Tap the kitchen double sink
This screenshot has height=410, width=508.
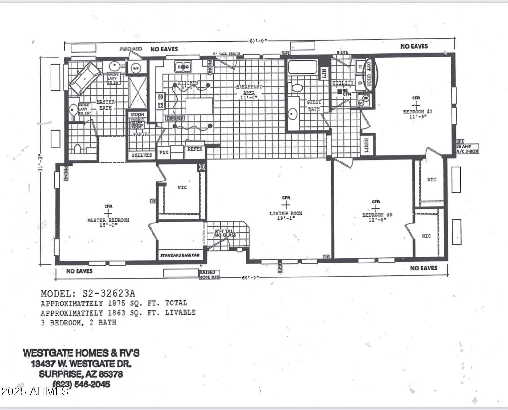(x=183, y=67)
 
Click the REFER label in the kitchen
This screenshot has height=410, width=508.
(x=195, y=149)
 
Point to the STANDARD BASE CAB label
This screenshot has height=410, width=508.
(x=179, y=255)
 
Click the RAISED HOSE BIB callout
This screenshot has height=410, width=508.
(x=209, y=275)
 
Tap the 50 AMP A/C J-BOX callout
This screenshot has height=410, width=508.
(x=467, y=149)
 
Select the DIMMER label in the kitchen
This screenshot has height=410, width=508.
(x=175, y=118)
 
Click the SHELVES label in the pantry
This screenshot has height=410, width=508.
(x=141, y=155)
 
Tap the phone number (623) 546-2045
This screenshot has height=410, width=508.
(x=81, y=384)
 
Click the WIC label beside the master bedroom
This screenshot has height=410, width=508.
(x=182, y=188)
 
